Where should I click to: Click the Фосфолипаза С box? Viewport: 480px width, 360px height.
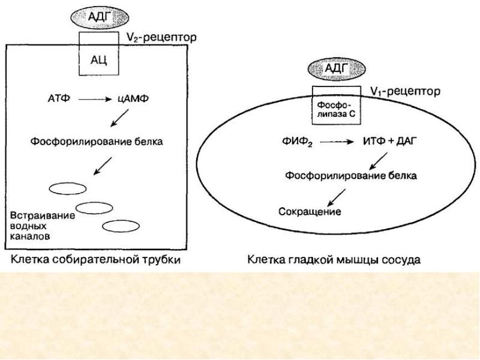336,109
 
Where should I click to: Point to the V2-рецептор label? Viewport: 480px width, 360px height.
162,37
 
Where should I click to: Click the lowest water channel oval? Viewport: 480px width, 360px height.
121,226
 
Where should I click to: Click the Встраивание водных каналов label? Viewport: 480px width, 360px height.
43,226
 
